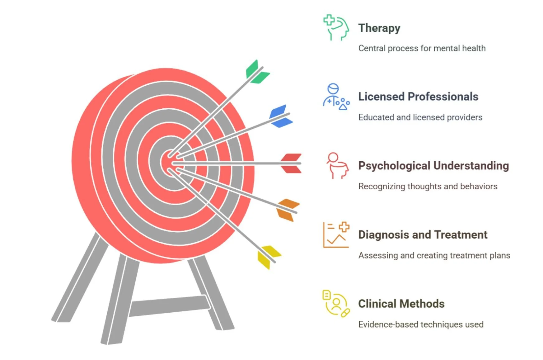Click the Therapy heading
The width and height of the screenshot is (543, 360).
pos(379,28)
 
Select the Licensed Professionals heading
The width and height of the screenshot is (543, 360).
pos(418,97)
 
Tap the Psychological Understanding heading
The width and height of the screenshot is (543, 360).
pos(433,166)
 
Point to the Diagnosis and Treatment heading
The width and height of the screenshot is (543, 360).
pos(423,235)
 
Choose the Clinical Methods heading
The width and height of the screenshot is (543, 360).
pos(401,304)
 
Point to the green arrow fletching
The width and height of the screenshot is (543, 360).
pos(257,72)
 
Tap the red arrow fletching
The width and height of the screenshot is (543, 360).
pos(291,163)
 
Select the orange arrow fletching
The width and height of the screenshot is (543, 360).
pos(288,210)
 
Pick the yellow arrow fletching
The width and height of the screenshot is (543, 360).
pos(268,257)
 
